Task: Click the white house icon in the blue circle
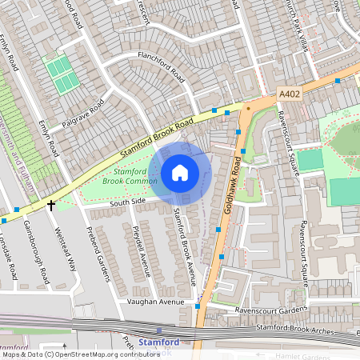pos(180,172)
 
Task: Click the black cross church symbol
pos(51,206)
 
